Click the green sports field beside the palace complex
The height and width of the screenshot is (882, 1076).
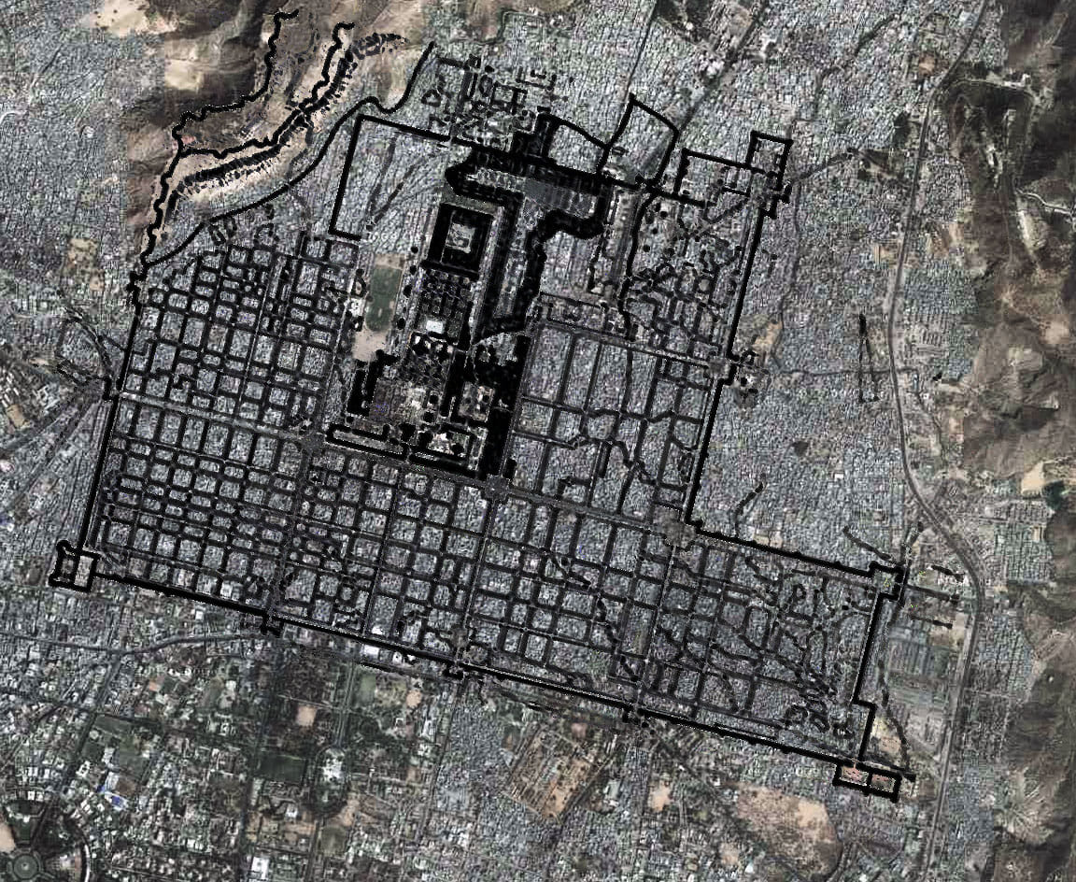click(382, 297)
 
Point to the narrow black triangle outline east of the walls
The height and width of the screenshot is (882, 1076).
click(869, 360)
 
